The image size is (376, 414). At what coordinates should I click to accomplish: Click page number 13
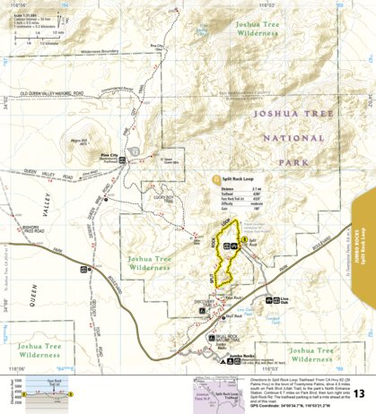pos(358,394)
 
